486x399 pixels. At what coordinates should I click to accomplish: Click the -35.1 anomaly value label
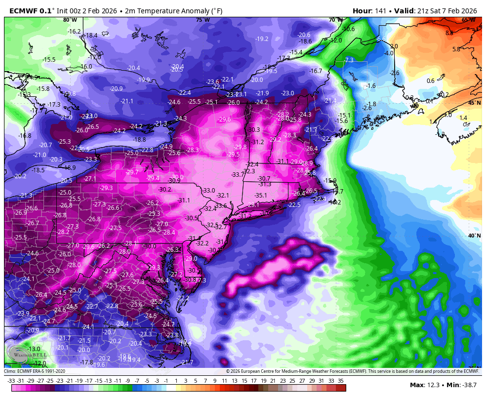point(261,196)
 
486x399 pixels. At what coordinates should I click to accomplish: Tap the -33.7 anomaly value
point(238,175)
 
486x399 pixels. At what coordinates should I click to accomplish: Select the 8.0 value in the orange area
point(449,33)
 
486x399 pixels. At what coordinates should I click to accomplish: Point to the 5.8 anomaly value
point(456,49)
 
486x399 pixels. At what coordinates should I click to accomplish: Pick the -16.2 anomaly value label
point(74,32)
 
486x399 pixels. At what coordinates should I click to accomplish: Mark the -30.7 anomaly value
point(264,179)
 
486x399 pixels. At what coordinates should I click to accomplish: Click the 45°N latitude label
point(474,103)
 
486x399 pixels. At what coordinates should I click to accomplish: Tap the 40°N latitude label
point(474,236)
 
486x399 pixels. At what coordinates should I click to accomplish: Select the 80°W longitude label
point(70,20)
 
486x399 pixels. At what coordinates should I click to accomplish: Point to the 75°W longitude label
point(202,20)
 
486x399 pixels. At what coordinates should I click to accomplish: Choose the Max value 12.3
point(432,385)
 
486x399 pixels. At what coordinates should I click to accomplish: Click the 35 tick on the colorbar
point(341,381)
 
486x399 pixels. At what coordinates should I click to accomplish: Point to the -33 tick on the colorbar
point(11,381)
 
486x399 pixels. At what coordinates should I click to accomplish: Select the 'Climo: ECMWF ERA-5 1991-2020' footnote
point(35,371)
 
